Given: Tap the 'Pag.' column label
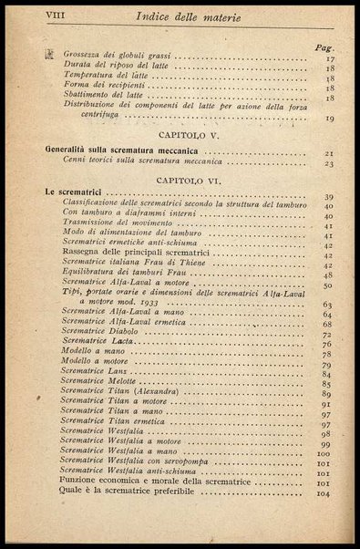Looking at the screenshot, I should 321,47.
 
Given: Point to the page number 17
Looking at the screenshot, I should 328,59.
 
